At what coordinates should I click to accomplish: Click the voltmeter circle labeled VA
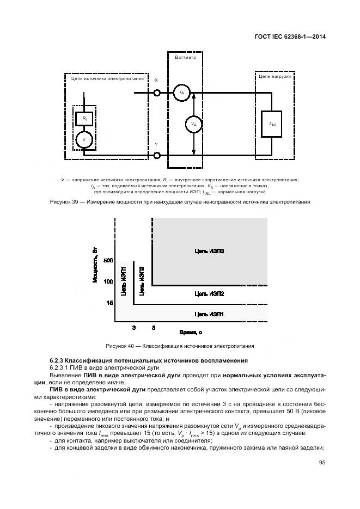[193, 124]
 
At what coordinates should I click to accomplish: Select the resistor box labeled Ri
[84, 118]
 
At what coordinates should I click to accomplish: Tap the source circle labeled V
[84, 140]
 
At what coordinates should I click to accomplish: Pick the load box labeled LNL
[273, 124]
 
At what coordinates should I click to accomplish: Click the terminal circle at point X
[157, 93]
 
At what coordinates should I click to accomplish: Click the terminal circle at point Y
[157, 156]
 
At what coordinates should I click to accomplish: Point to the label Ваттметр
[185, 57]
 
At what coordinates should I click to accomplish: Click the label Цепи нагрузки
[274, 77]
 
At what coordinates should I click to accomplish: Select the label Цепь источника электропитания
[107, 78]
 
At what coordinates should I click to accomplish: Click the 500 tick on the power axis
[108, 261]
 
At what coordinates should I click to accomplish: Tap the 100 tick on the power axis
[108, 281]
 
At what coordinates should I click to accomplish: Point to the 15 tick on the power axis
[109, 302]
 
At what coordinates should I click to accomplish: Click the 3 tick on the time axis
[134, 328]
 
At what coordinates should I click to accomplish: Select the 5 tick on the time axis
[153, 328]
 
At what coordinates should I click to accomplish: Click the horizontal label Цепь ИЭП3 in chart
[209, 251]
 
